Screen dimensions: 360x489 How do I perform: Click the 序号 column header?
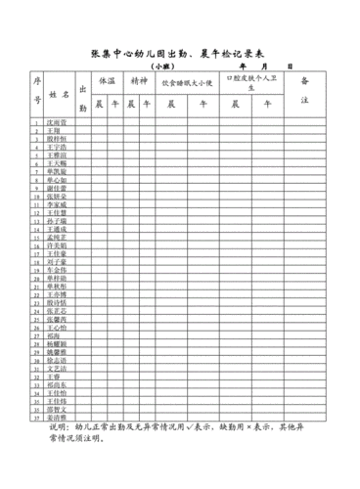[x=38, y=91]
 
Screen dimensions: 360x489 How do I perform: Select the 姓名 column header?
[x=60, y=96]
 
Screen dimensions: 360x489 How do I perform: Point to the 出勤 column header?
[x=82, y=96]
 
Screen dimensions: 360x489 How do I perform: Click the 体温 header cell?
[x=108, y=81]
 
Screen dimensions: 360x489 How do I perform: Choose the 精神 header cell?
[x=138, y=81]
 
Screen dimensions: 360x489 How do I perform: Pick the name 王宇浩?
[x=58, y=147]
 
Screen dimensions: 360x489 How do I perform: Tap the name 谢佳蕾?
[x=59, y=188]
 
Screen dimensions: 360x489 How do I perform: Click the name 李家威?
[x=59, y=203]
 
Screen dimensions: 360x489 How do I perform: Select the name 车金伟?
[x=59, y=269]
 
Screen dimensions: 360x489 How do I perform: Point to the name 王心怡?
[x=59, y=327]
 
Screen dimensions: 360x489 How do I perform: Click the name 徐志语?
[x=59, y=359]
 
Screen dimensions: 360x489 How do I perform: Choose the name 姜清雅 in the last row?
[x=59, y=417]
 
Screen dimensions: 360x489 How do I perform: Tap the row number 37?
[x=38, y=417]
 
